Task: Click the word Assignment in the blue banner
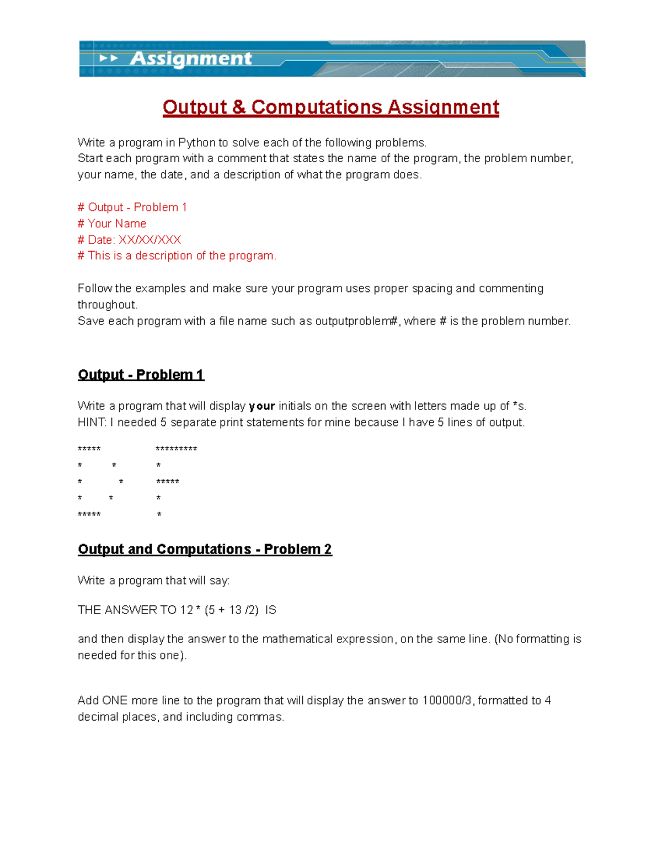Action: click(190, 58)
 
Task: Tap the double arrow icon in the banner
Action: click(109, 58)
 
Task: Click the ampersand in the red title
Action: click(239, 107)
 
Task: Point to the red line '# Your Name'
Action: click(112, 223)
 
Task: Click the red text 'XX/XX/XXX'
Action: click(150, 239)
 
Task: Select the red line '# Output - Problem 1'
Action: click(132, 207)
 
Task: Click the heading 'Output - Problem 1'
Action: click(141, 375)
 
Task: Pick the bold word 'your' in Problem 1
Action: click(261, 406)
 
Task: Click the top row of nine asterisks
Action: click(177, 449)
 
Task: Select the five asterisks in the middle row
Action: click(168, 482)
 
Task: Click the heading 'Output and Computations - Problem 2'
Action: click(205, 549)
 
